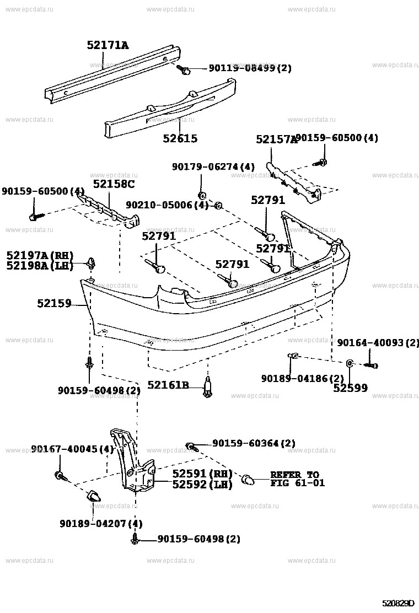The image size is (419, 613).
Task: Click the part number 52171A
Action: coord(108,45)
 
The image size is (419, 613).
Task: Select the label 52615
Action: coord(180,139)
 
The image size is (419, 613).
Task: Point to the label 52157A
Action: coord(276,140)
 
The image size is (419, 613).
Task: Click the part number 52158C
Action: coord(114,184)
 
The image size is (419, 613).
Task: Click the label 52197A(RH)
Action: coord(40,255)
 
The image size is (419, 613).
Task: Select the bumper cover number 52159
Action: coord(55,303)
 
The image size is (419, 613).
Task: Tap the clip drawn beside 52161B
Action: coord(208,387)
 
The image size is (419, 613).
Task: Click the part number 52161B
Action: coord(168,385)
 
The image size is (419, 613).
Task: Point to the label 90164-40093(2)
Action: coord(378,343)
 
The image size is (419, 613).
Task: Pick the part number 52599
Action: coord(350,388)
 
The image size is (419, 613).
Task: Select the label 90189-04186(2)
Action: coord(303,378)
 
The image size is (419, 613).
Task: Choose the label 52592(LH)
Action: coord(202,485)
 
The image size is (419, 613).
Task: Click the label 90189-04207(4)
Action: coord(101,523)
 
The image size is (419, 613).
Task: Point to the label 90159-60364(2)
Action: coord(254,443)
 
